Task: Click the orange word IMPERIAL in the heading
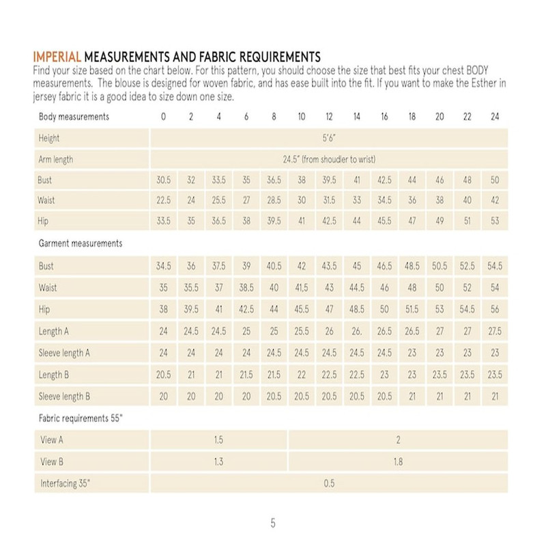coord(57,55)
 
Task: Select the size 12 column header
coord(329,117)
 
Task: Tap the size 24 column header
coord(495,117)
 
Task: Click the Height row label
coord(50,138)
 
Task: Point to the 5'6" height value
coord(329,138)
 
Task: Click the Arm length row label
coord(57,159)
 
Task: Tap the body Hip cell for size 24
coord(495,222)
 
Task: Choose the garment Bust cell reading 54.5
coord(495,264)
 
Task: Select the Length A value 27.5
coord(495,331)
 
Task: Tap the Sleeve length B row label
coord(65,395)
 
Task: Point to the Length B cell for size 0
coord(163,374)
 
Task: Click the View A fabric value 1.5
coord(219,440)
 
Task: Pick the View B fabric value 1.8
coord(399,462)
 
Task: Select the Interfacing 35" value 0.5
coord(329,484)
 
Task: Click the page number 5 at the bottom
coord(273,524)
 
